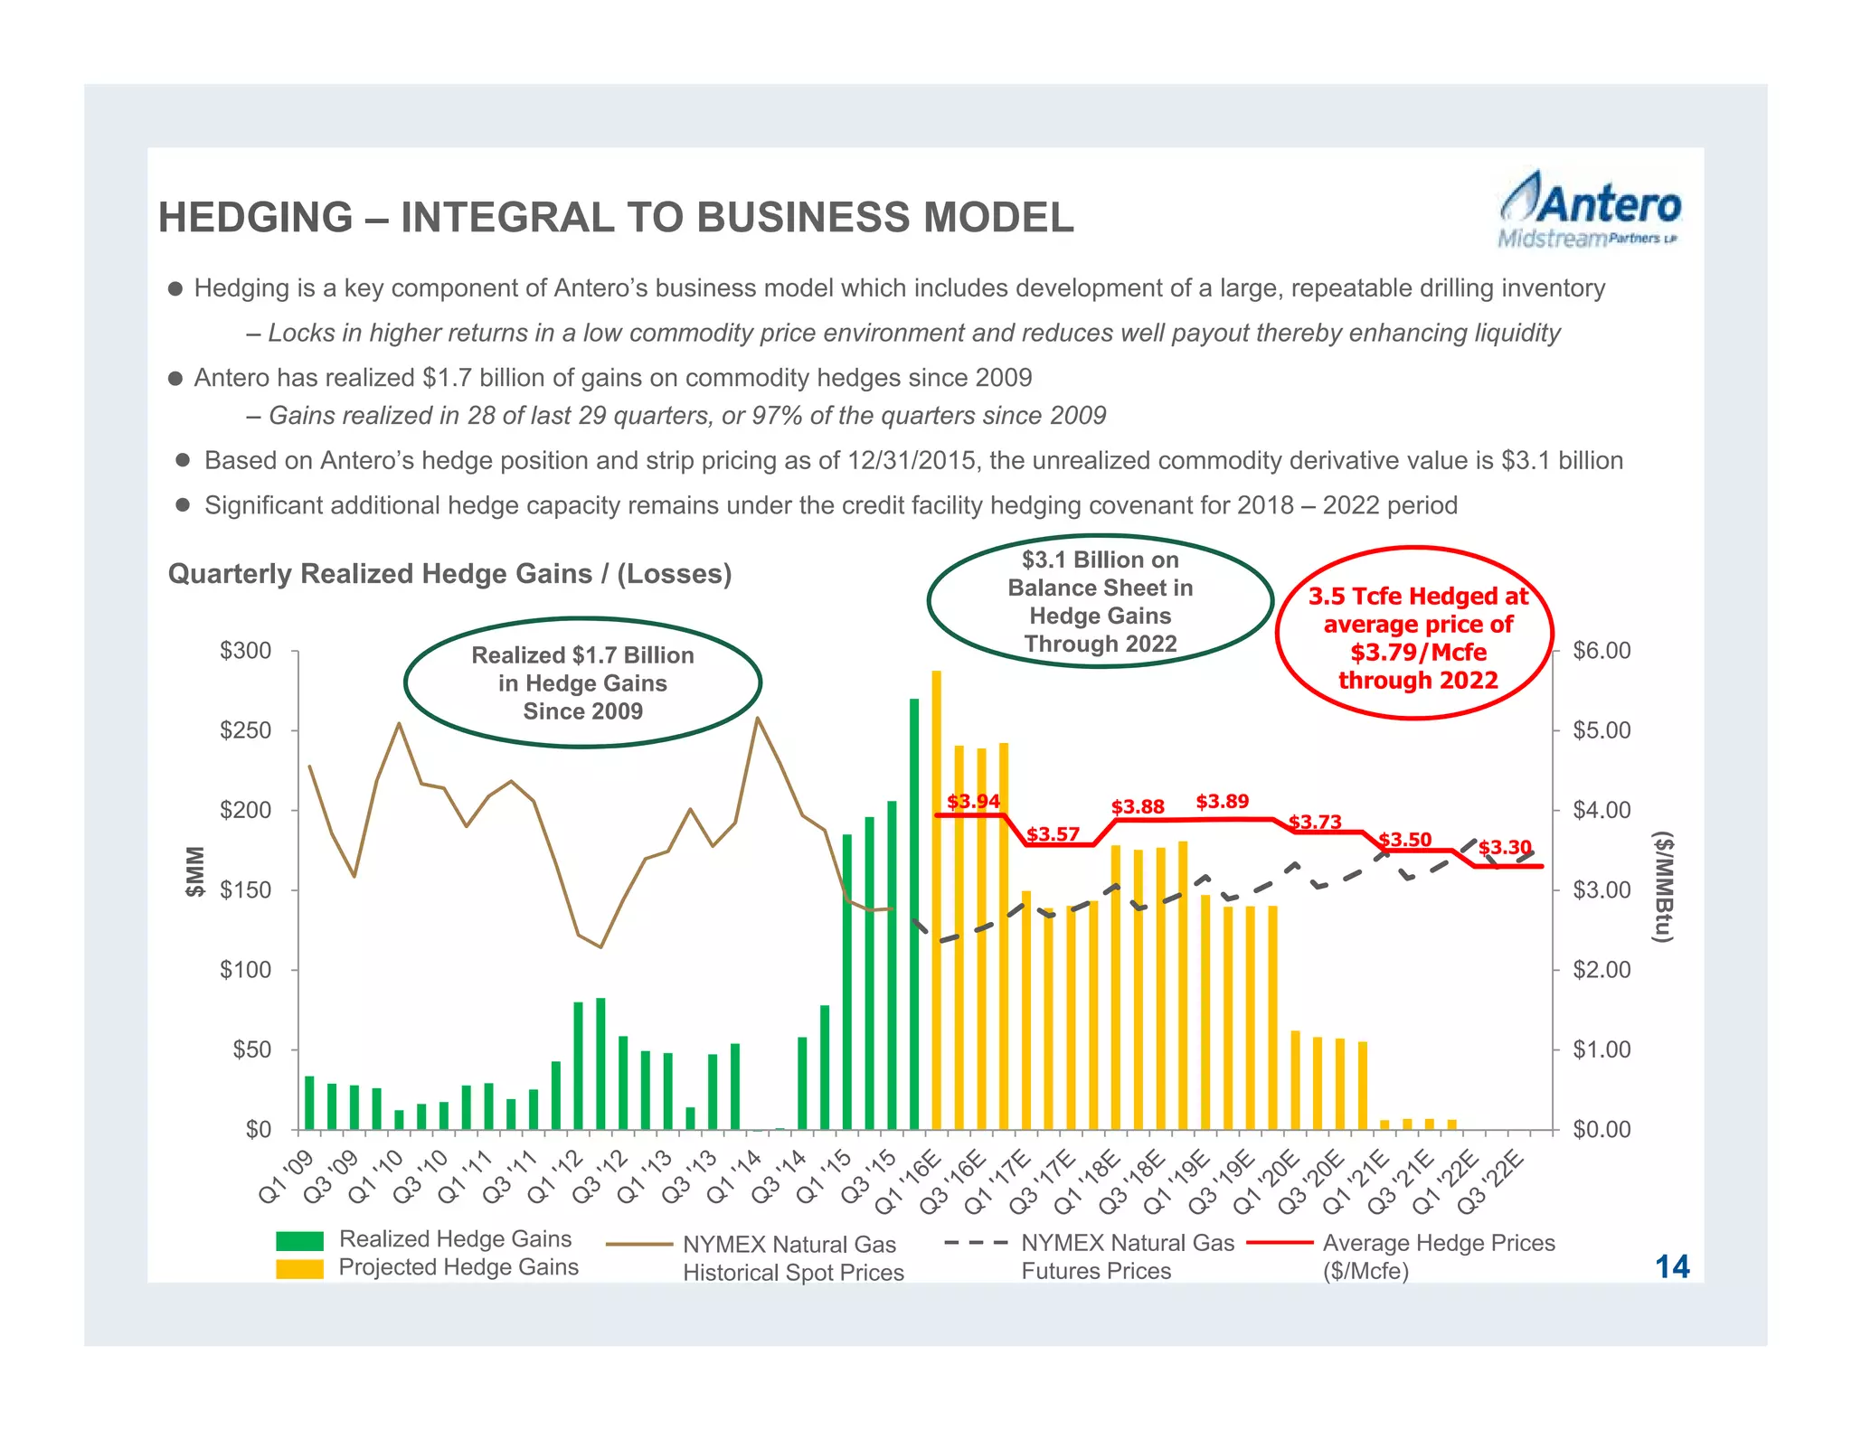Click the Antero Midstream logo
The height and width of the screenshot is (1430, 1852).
[1589, 210]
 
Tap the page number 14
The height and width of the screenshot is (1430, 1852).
[1672, 1266]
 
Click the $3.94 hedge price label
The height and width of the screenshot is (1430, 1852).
[973, 801]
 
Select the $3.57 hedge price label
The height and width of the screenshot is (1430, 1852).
[1053, 833]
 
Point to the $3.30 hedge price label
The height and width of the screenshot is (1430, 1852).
[1505, 847]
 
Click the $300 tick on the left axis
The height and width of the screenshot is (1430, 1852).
[245, 651]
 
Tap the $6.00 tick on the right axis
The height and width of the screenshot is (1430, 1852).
[1602, 651]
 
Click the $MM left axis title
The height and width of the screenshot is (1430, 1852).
[194, 871]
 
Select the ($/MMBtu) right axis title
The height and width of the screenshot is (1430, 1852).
[1663, 887]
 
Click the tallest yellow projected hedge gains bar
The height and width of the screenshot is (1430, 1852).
[936, 899]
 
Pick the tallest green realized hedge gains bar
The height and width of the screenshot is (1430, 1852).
[914, 913]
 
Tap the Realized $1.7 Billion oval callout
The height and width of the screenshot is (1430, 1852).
[582, 683]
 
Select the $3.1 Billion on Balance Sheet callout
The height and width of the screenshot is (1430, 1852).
[1100, 602]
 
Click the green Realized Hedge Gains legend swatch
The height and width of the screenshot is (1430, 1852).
[299, 1240]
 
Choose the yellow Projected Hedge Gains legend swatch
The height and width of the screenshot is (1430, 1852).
[299, 1269]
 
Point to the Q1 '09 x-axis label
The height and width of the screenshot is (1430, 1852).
[286, 1177]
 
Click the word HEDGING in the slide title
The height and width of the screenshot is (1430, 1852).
[255, 218]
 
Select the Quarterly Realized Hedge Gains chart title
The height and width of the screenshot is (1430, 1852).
[449, 574]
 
